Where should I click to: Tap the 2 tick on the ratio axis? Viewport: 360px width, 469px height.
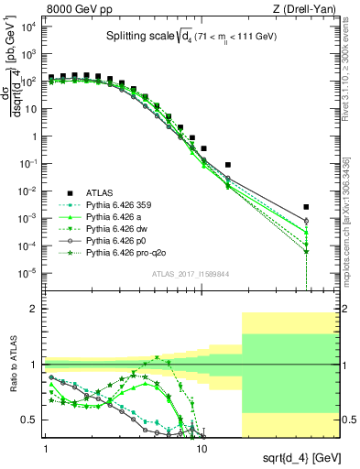click(35, 309)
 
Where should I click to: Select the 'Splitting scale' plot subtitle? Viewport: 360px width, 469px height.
click(157, 37)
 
